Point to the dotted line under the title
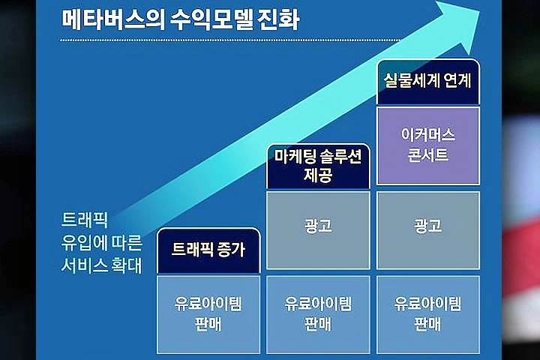[230, 40]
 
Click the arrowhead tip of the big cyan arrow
[479, 10]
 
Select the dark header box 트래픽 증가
[208, 250]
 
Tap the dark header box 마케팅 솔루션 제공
[318, 166]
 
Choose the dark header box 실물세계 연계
[428, 82]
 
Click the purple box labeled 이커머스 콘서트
[428, 145]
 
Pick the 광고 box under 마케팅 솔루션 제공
[318, 230]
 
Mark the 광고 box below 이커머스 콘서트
[428, 230]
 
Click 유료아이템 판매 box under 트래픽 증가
[208, 314]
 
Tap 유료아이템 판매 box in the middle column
[318, 314]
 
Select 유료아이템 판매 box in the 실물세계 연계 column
[428, 314]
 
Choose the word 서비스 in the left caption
[84, 265]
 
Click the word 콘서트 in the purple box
[428, 154]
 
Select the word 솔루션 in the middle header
[340, 157]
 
